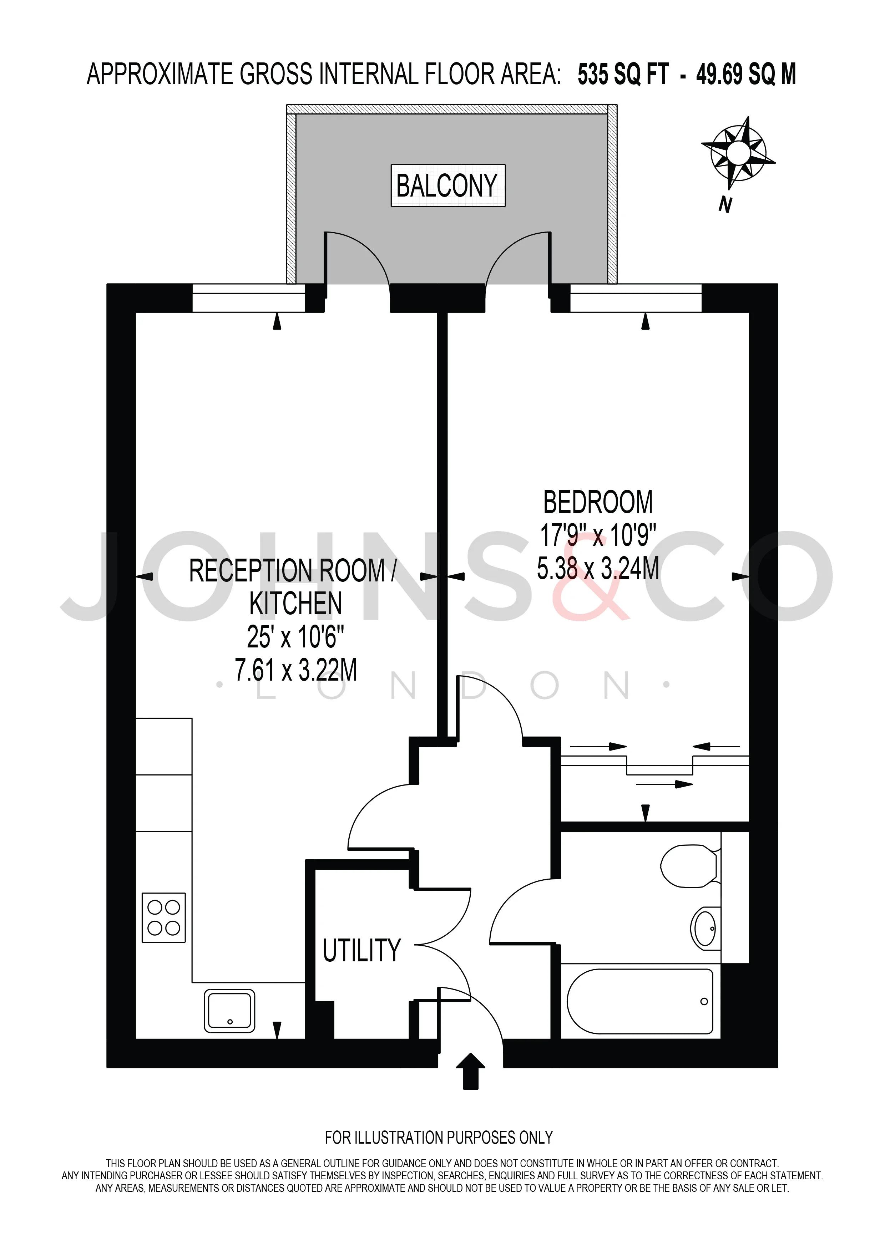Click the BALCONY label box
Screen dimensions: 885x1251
point(448,185)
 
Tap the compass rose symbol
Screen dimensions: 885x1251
point(738,152)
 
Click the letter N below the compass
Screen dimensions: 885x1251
point(725,204)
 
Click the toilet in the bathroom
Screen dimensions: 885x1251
point(690,866)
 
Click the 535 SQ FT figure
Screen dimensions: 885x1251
point(623,74)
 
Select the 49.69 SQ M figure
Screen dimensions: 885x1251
point(745,74)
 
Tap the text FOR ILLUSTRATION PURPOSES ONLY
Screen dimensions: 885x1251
point(439,1138)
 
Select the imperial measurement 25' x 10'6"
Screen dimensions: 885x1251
point(295,636)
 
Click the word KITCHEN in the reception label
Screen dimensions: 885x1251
point(295,603)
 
